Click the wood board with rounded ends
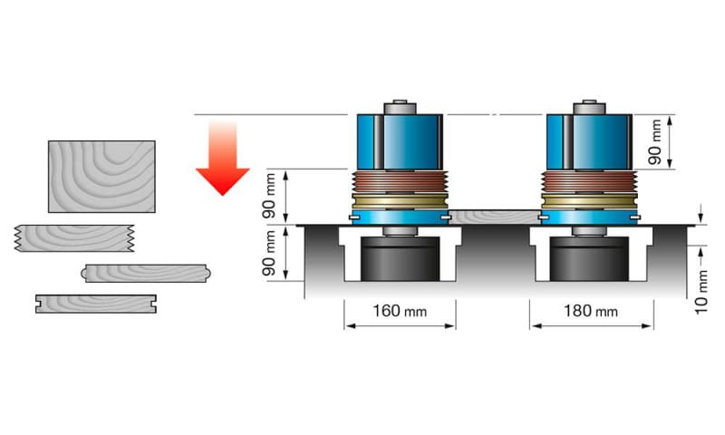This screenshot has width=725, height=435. click(x=145, y=273)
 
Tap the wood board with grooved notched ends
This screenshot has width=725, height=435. click(x=95, y=303)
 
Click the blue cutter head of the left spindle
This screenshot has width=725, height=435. click(x=399, y=141)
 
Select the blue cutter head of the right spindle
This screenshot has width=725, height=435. click(x=589, y=141)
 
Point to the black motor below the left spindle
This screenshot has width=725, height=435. click(x=400, y=260)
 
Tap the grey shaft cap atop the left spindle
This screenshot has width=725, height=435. click(x=399, y=105)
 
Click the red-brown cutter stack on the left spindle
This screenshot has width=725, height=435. click(x=399, y=181)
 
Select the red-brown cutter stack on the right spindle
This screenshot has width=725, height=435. click(x=589, y=181)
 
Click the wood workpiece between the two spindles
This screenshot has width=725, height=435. click(x=494, y=217)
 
